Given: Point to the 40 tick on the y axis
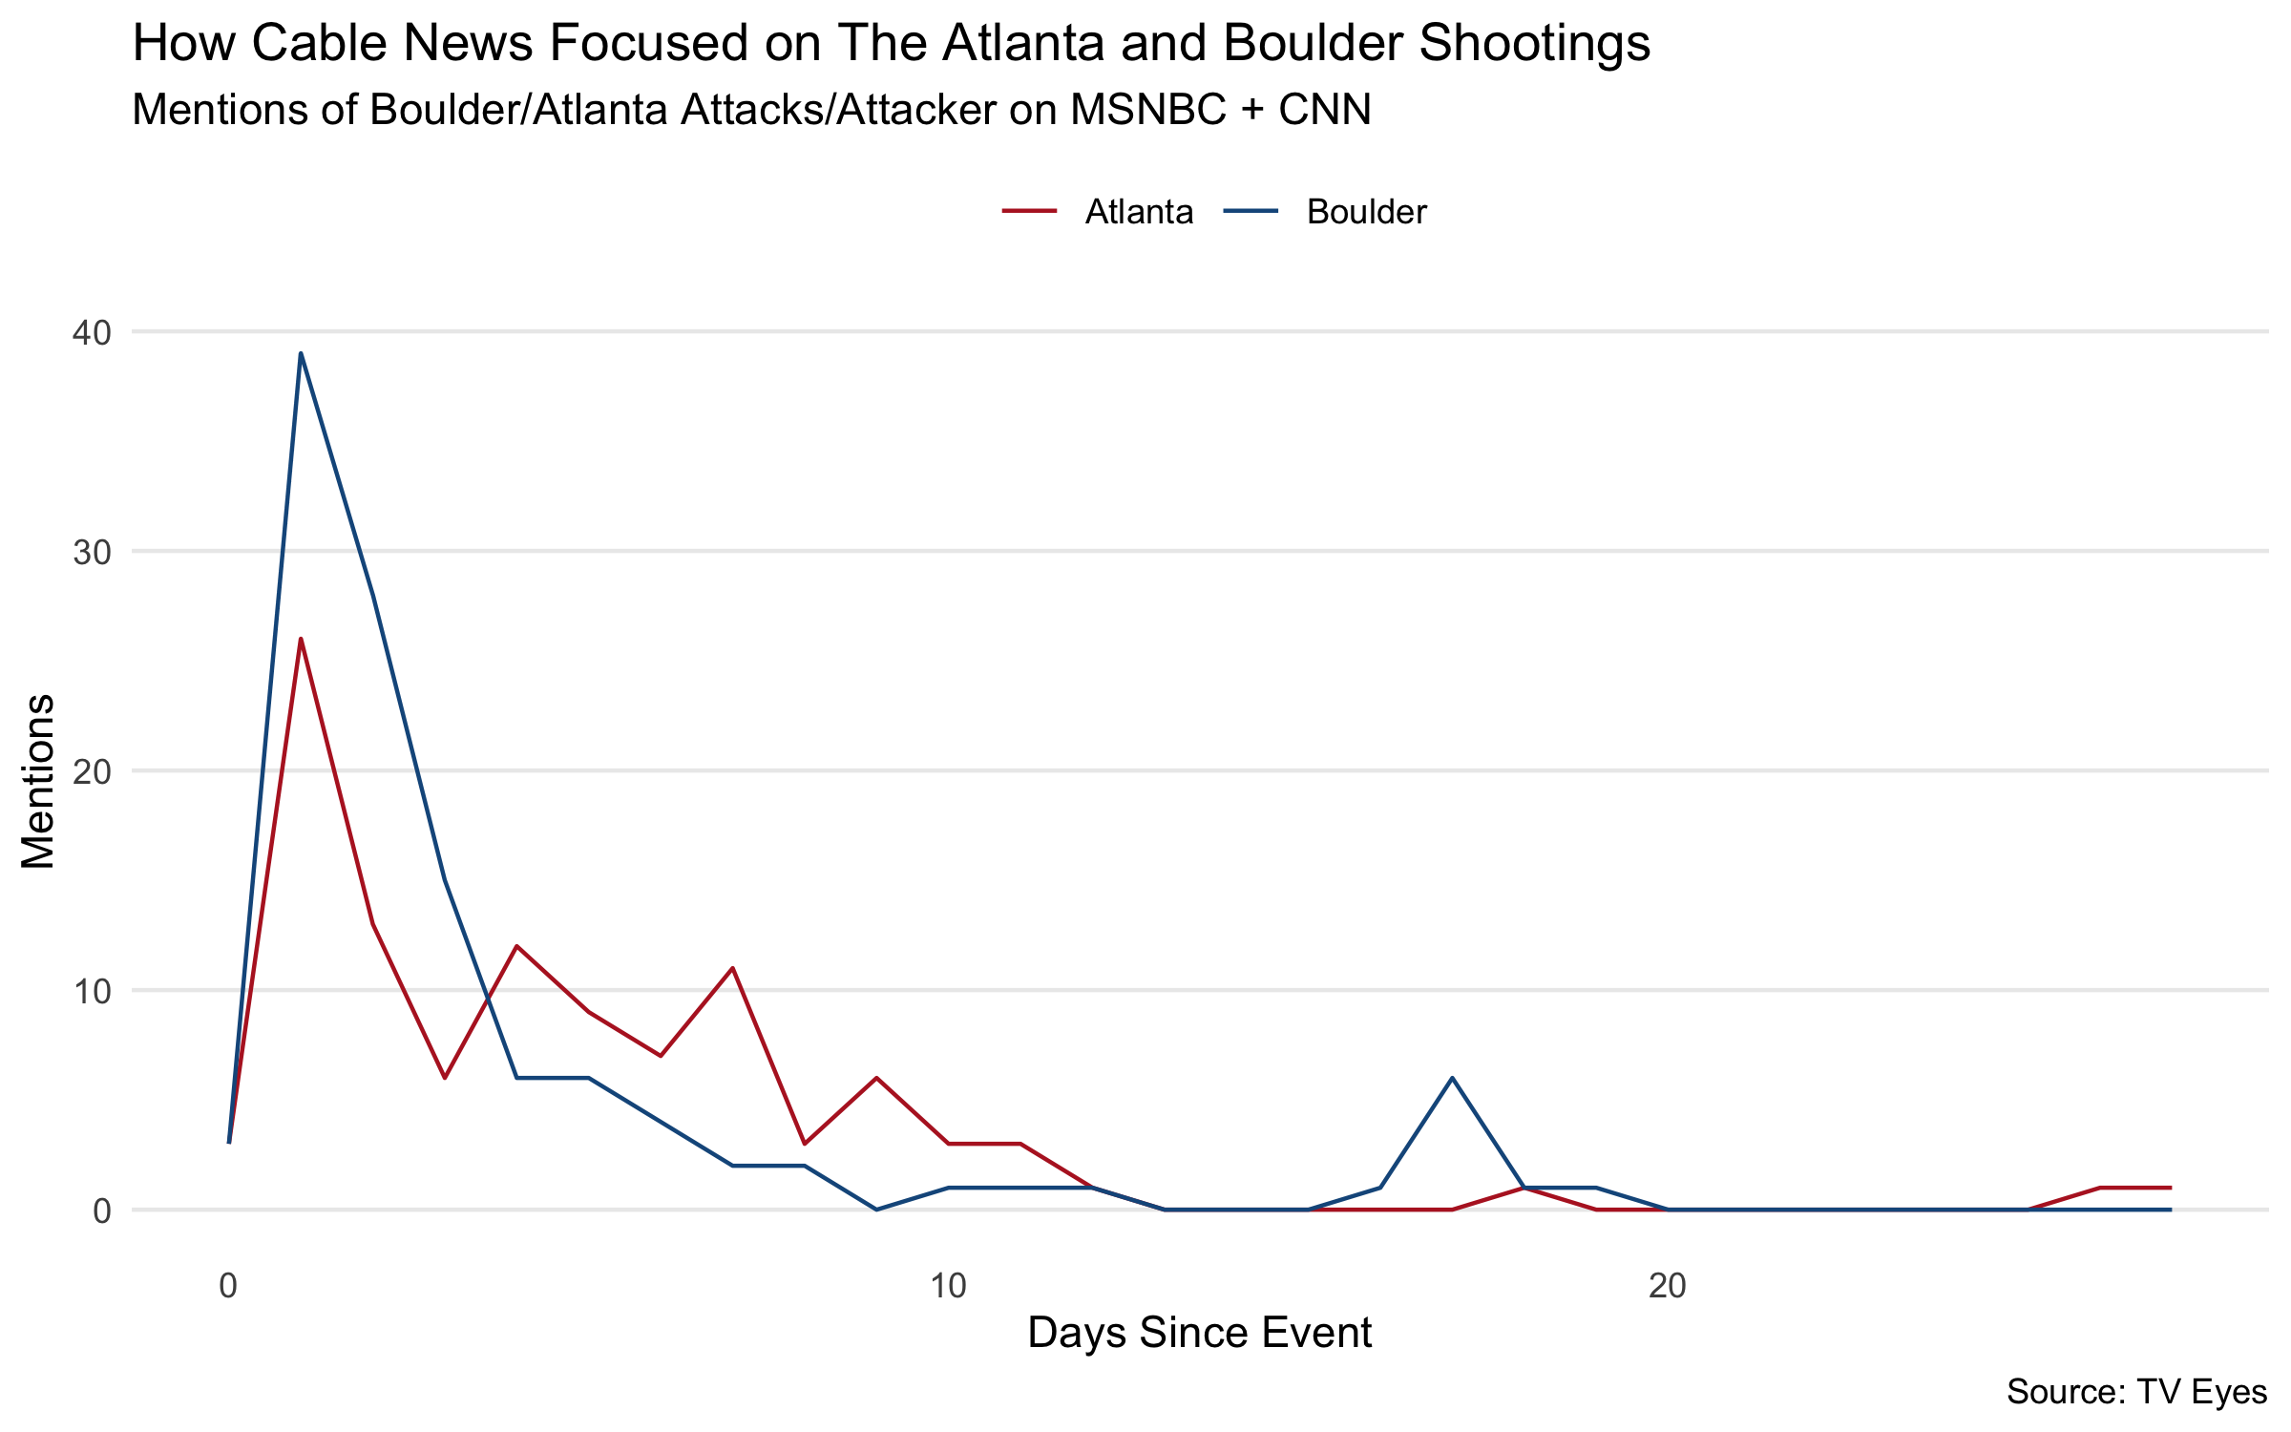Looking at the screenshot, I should [x=92, y=332].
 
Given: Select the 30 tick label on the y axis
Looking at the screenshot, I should [x=92, y=552].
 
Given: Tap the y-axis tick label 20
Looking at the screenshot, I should [x=92, y=771].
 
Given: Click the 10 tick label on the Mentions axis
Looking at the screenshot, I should [x=92, y=991].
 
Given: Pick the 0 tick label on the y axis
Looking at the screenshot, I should [x=102, y=1211].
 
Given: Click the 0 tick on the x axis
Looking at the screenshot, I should [x=228, y=1286].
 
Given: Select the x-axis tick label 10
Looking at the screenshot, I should [x=948, y=1286].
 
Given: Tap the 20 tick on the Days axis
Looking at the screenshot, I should [x=1668, y=1286].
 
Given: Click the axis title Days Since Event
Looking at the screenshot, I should [x=1200, y=1333].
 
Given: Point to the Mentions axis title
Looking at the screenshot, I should [x=38, y=781].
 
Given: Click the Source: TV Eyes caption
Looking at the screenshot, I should [x=2136, y=1392].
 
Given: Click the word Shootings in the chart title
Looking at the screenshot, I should [x=1535, y=44].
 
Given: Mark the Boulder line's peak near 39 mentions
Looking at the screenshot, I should [x=301, y=353].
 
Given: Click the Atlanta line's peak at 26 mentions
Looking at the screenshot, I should [x=301, y=639].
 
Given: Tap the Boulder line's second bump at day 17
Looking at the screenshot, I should [x=1452, y=1078].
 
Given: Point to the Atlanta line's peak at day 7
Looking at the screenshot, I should [x=732, y=968].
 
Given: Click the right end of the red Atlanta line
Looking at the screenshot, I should [x=2171, y=1188].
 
